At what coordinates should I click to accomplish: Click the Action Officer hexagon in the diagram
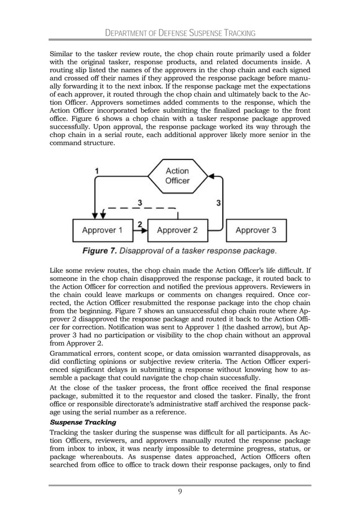(177, 176)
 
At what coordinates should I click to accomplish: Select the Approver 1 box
(102, 230)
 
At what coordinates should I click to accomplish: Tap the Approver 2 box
(177, 230)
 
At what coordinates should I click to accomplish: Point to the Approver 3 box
(256, 230)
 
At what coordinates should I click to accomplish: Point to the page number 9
(179, 491)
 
